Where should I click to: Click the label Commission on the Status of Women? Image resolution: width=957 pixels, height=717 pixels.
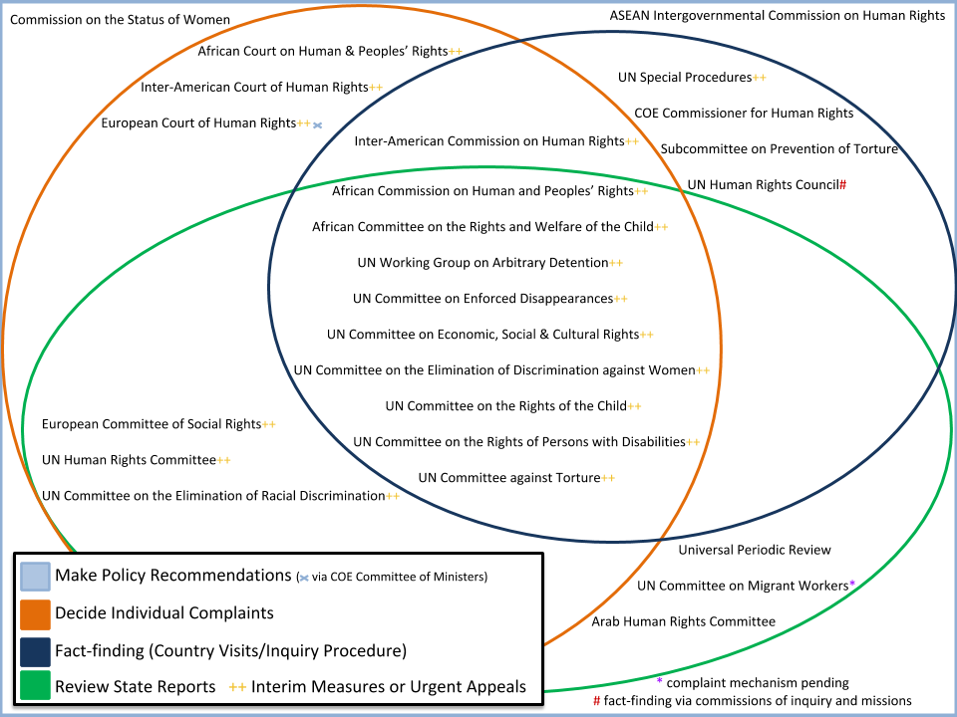point(120,20)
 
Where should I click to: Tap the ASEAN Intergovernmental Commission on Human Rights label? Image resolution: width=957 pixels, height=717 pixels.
point(777,16)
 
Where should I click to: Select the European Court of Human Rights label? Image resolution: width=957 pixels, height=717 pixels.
point(198,123)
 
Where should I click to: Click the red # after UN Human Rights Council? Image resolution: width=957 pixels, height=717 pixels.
point(842,185)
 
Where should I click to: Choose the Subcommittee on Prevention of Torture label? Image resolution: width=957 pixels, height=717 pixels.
point(779,149)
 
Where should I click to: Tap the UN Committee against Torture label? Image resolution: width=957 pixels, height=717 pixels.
point(508,478)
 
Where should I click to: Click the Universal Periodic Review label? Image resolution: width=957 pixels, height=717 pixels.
point(755,550)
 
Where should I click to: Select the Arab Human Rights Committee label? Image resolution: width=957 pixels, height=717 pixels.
point(683,621)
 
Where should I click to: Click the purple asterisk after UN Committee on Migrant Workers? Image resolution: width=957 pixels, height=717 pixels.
point(852,585)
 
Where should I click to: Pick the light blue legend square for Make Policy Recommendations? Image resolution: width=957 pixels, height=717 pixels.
point(34,576)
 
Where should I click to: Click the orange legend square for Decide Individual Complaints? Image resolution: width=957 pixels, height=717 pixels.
point(34,613)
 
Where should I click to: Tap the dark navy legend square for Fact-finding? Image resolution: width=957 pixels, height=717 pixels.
point(34,651)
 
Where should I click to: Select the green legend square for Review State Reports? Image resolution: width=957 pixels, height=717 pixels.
point(34,687)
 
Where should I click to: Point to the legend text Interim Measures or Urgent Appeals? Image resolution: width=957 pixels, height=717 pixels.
point(388,687)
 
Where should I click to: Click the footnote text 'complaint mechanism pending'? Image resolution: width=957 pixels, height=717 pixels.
point(758,683)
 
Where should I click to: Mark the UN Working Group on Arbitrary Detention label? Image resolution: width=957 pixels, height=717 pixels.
point(481,263)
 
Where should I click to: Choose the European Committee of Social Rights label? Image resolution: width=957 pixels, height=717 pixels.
point(151,424)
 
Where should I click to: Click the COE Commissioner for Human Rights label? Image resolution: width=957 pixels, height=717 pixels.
point(744,113)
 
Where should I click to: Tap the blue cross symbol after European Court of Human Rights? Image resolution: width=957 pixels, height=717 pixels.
point(318,125)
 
